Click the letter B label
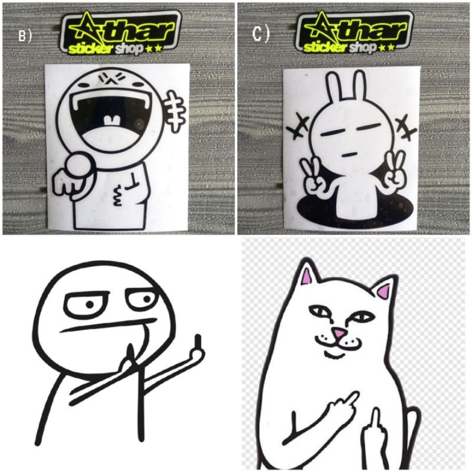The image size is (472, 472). coord(25,36)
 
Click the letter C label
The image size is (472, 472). coord(260,34)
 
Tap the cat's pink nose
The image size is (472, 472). coord(338,333)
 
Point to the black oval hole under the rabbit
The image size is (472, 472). coord(355,211)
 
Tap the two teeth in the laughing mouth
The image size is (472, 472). coord(112,120)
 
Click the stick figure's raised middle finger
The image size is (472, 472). coord(198,346)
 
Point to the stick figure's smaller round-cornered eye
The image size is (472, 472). coord(143,299)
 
